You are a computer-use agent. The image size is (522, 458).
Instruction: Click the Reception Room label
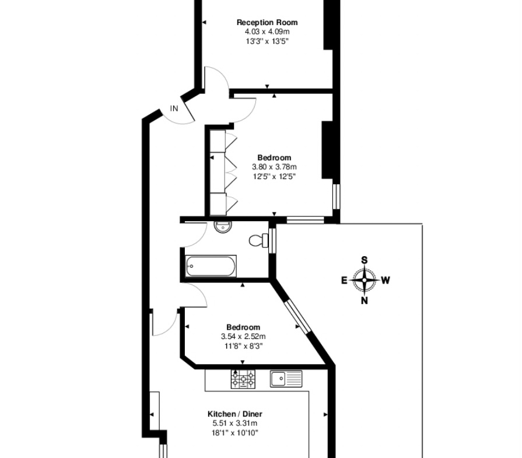267,22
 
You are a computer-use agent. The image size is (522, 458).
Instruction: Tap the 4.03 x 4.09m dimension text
267,32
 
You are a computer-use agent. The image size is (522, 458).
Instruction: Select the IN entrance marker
174,109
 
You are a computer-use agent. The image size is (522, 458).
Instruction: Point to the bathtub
211,266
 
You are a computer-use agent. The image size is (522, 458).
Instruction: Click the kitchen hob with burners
244,379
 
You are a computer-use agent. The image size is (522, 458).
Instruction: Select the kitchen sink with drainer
286,379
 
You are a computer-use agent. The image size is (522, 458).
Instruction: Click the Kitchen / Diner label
234,414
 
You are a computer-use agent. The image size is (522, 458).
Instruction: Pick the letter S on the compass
365,260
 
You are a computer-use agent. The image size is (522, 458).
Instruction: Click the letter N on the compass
365,301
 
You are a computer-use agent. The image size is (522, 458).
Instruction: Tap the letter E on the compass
344,281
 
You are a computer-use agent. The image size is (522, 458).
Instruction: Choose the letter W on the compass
385,281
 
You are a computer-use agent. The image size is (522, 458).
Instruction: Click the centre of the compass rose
365,280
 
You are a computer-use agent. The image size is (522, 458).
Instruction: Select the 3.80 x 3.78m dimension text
274,167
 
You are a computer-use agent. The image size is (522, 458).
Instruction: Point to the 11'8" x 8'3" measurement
244,346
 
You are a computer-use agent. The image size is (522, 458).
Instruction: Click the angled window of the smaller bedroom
297,316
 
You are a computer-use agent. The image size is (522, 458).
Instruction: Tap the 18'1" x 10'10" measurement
234,433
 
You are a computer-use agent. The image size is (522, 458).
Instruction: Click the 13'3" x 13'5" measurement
267,41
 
